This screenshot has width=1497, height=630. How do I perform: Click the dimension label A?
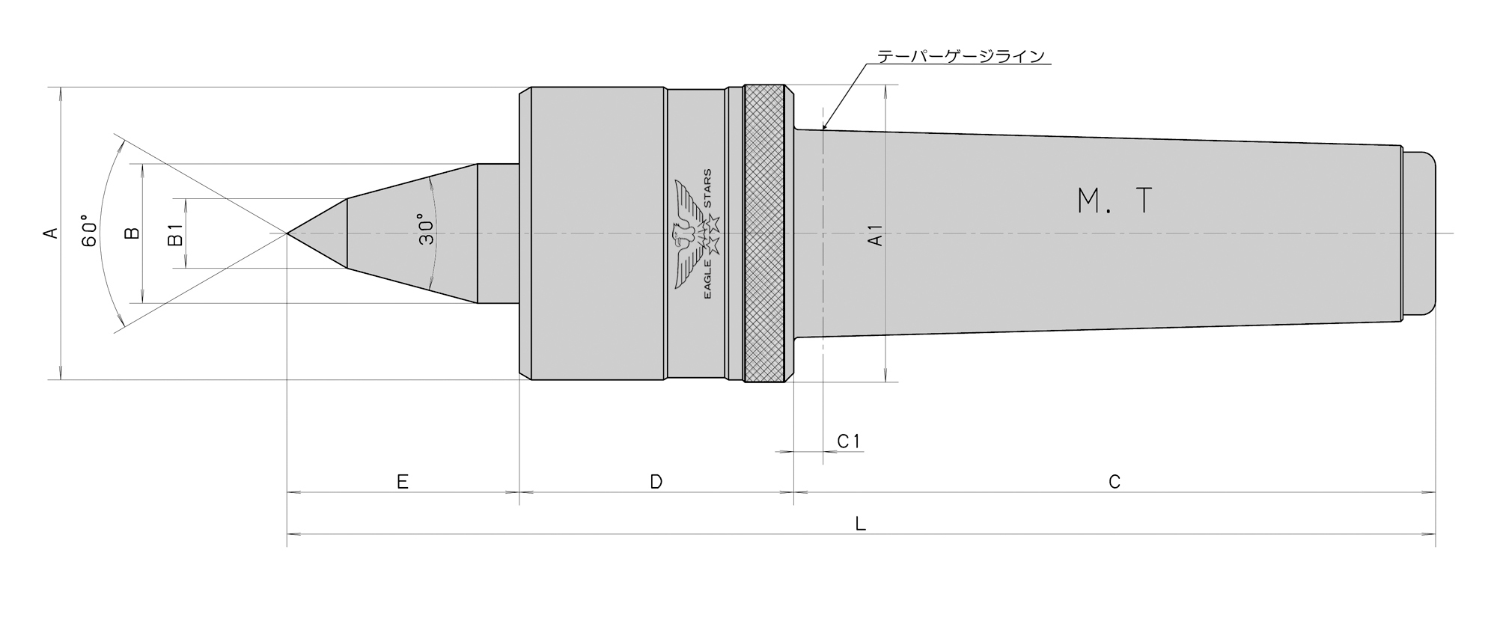[51, 233]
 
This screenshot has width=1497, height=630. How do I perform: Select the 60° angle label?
[89, 233]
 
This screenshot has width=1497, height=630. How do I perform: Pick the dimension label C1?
[849, 441]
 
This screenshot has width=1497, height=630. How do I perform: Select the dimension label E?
[402, 482]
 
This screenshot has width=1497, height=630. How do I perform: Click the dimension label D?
[656, 482]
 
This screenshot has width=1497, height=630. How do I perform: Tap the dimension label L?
[861, 524]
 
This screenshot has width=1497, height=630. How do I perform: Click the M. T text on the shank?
[1115, 201]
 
